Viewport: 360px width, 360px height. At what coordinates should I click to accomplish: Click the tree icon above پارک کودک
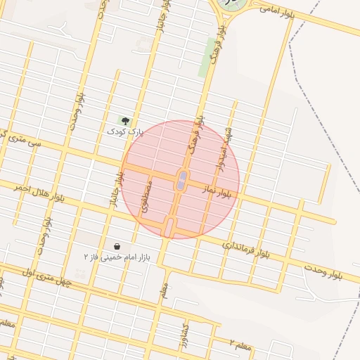tap(126, 121)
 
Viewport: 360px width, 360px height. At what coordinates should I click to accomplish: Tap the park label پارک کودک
tap(125, 131)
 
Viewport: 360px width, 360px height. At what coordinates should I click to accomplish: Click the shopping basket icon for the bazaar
tap(116, 247)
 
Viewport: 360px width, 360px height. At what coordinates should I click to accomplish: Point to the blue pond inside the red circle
tap(182, 180)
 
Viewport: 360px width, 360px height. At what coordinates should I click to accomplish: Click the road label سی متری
tap(24, 141)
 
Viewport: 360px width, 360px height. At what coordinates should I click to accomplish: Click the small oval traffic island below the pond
tap(169, 226)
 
